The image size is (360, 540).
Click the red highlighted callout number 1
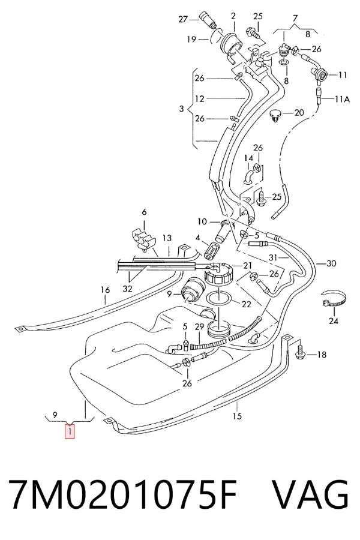click(70, 431)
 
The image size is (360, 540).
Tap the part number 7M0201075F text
click(123, 494)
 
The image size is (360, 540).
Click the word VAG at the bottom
click(311, 494)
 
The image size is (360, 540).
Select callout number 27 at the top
click(183, 19)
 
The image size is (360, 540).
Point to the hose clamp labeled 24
click(333, 299)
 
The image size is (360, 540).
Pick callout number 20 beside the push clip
click(299, 112)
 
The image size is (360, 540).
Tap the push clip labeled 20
click(275, 115)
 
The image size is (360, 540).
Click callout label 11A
click(343, 100)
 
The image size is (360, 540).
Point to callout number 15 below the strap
click(237, 416)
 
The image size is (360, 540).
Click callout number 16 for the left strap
click(105, 290)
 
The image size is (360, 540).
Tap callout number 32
click(127, 289)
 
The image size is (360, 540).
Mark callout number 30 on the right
click(331, 263)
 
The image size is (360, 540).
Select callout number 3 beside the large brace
click(182, 109)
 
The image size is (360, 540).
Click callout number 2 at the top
click(233, 16)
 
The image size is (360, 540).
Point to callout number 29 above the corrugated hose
click(199, 326)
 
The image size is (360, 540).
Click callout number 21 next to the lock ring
click(247, 266)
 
